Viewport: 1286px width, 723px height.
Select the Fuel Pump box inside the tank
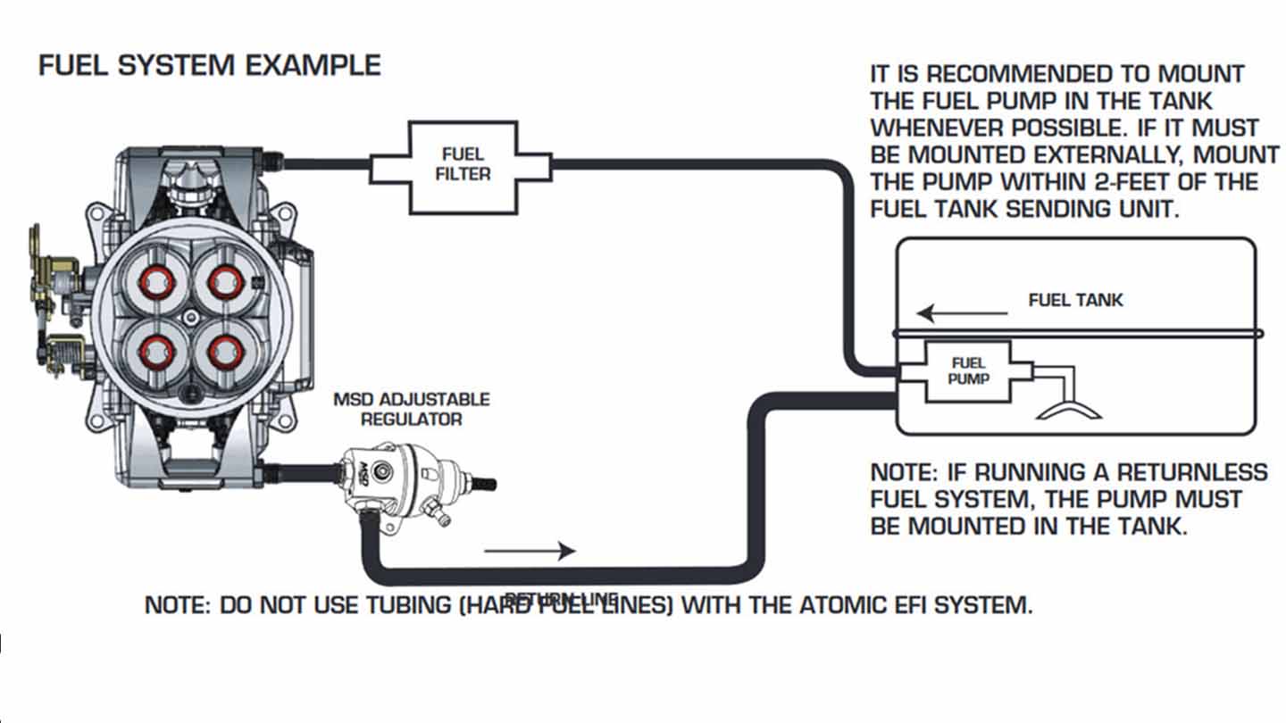tap(968, 370)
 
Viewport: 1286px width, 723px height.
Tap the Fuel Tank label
tap(1075, 300)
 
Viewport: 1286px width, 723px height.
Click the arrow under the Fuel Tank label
tap(963, 314)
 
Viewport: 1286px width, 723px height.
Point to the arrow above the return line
tap(530, 551)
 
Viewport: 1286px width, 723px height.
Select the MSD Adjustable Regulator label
tap(411, 408)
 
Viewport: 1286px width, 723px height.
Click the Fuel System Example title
tap(210, 65)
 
